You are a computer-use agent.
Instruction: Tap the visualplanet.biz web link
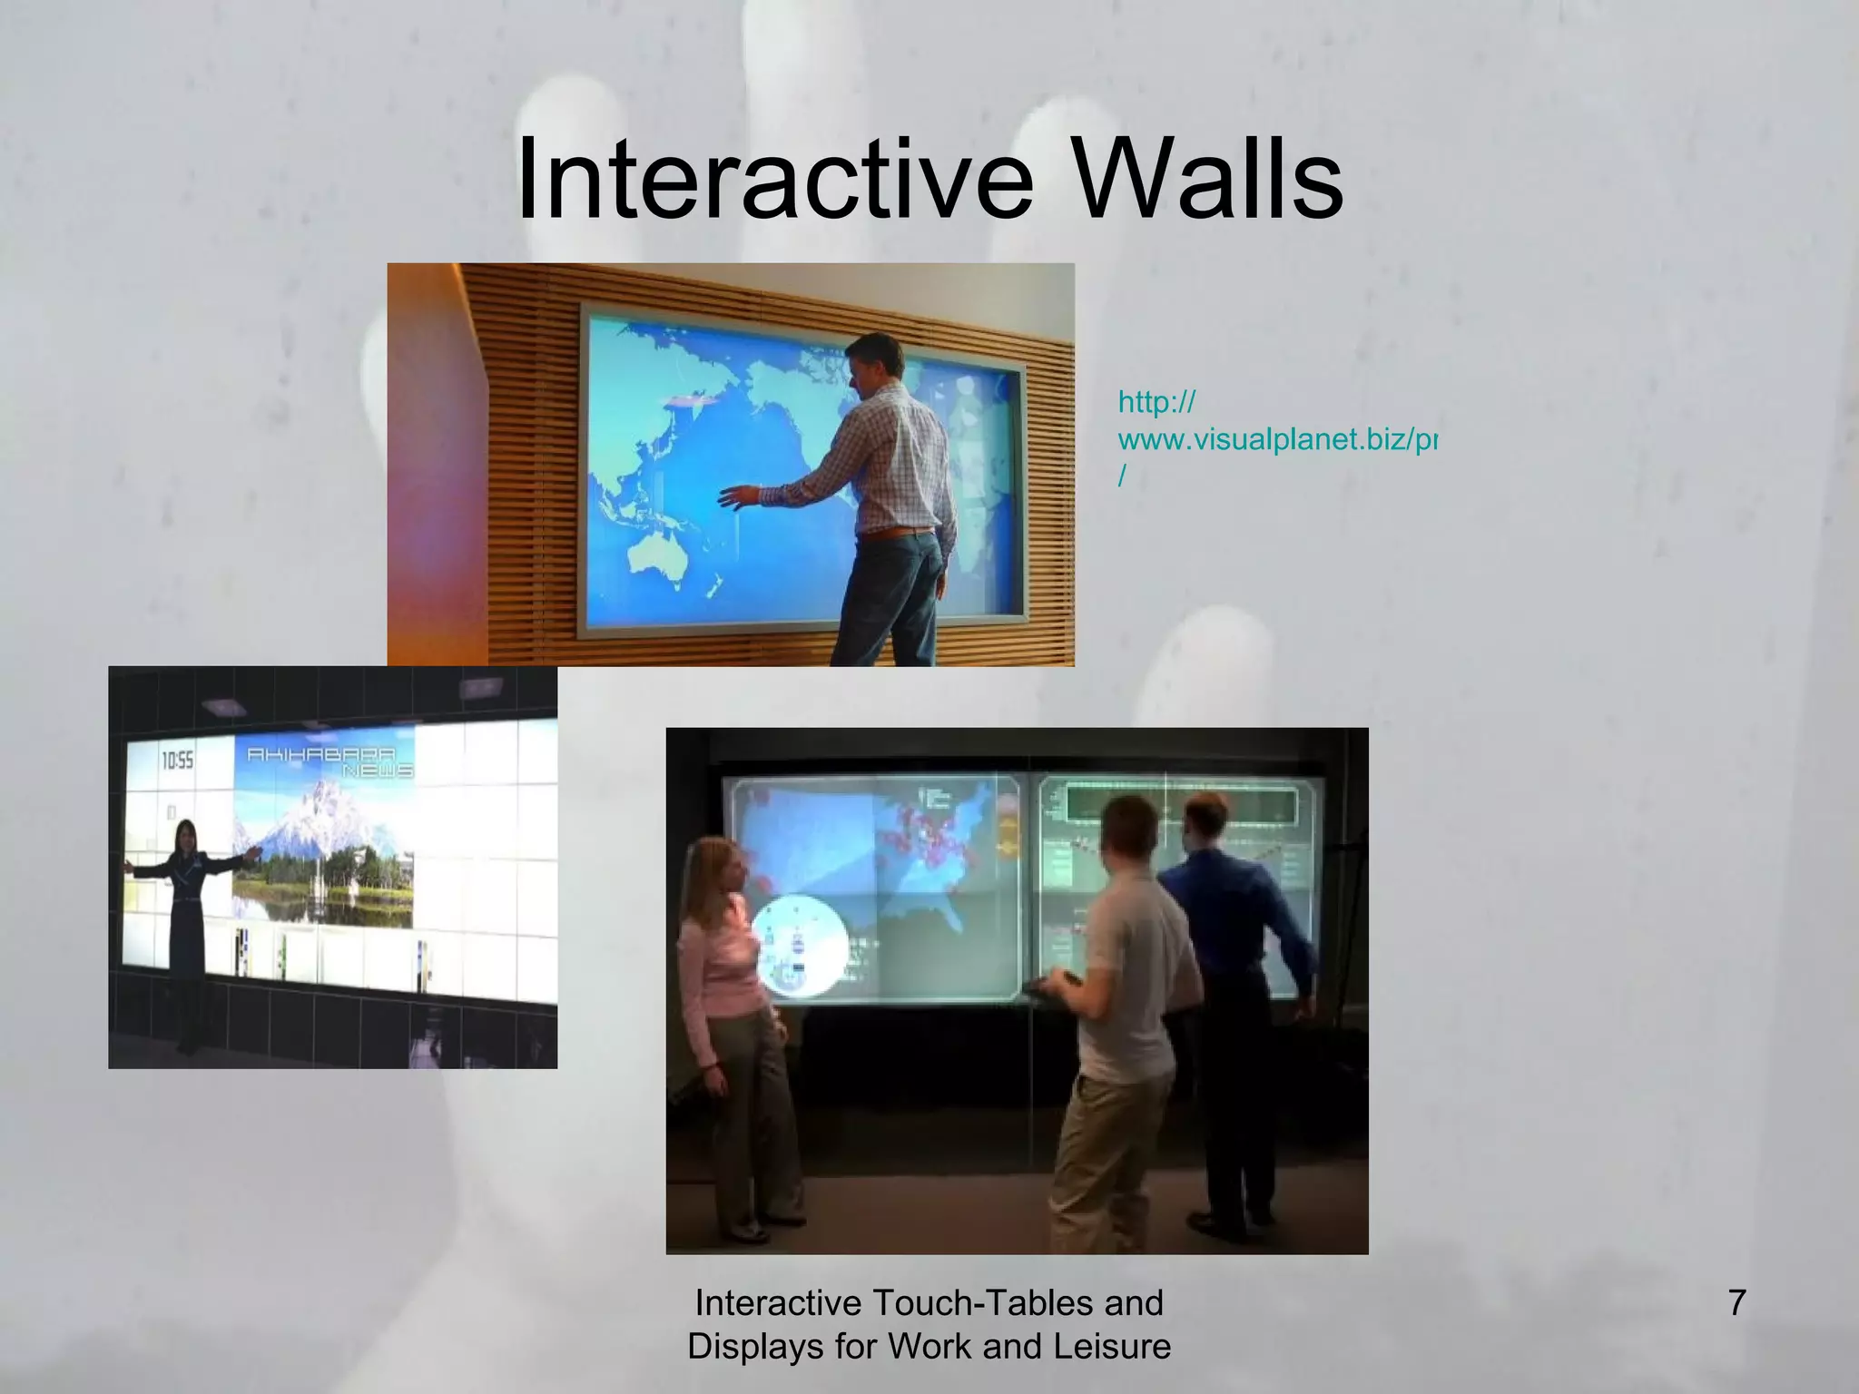point(1275,440)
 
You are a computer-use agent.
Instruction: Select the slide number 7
point(1736,1303)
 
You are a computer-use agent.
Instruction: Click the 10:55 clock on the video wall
point(178,761)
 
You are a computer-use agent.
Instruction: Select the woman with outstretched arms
point(189,898)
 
